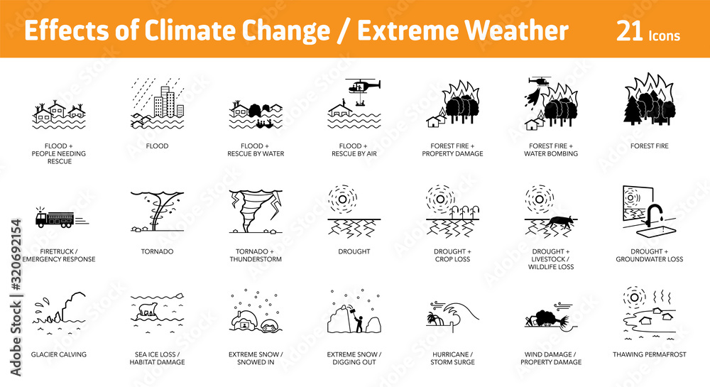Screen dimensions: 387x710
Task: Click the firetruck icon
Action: pyautogui.click(x=55, y=218)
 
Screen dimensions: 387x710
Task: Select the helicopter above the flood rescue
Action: pyautogui.click(x=362, y=85)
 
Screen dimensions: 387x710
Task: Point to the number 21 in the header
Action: pyautogui.click(x=629, y=31)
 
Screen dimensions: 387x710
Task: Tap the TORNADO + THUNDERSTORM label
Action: pyautogui.click(x=256, y=256)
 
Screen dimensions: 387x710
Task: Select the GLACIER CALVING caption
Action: pyautogui.click(x=59, y=354)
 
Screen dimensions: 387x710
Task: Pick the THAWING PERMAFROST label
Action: pyautogui.click(x=649, y=354)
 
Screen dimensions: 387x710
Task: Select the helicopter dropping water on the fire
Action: pyautogui.click(x=540, y=83)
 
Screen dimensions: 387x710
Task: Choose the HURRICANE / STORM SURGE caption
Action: pyautogui.click(x=452, y=358)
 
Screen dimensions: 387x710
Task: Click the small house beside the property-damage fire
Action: pyautogui.click(x=432, y=121)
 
